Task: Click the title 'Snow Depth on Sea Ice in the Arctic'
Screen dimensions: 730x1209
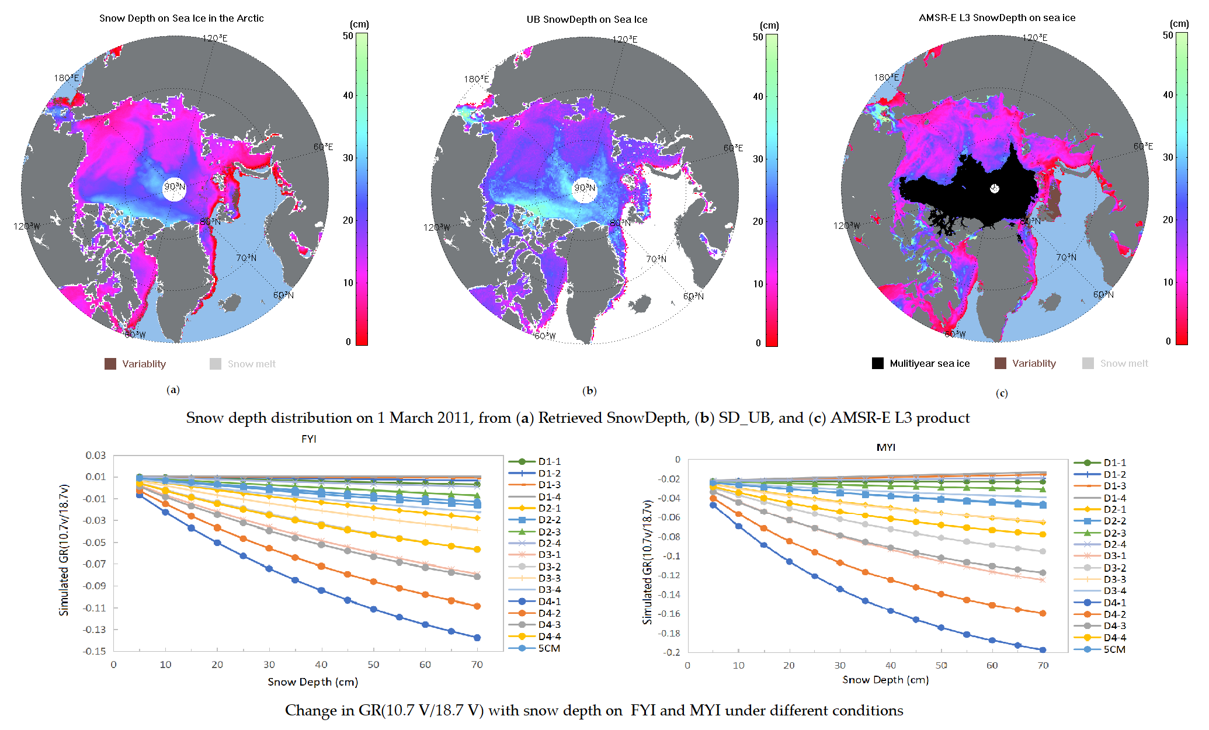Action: [x=181, y=18]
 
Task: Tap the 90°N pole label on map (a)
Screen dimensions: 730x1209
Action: [x=174, y=187]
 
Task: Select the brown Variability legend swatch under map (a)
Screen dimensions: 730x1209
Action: [x=110, y=364]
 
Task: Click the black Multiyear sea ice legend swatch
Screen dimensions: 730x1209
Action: [x=877, y=363]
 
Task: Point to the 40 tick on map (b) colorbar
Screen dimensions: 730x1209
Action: [x=758, y=96]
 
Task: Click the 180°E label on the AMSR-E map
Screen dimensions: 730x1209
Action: [x=886, y=77]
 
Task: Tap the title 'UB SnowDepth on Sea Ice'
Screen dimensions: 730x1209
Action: [x=586, y=19]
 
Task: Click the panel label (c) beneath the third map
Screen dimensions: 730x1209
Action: [x=1001, y=393]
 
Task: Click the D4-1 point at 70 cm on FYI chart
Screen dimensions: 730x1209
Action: [x=477, y=638]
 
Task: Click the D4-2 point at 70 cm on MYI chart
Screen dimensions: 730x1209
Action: [x=1043, y=613]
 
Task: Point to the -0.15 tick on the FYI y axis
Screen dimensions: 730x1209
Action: [x=96, y=651]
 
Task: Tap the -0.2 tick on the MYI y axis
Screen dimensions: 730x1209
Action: [x=672, y=652]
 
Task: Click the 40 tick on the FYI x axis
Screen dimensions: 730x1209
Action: [x=321, y=665]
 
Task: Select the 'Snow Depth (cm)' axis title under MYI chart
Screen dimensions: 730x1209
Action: [x=885, y=680]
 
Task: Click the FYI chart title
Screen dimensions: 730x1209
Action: [x=308, y=439]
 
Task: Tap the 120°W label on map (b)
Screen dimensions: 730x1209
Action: [x=437, y=227]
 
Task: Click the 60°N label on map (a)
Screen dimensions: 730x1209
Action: [x=283, y=295]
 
